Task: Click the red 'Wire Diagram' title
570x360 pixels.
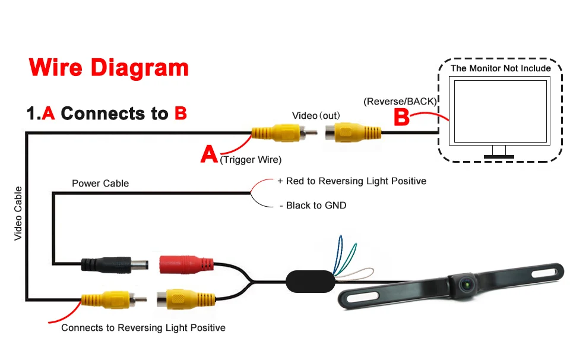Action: click(x=108, y=67)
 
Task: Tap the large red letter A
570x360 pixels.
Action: click(x=209, y=154)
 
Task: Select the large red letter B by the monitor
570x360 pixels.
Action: click(x=402, y=116)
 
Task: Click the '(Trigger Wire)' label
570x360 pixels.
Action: click(x=250, y=159)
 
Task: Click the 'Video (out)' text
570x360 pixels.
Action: click(x=315, y=115)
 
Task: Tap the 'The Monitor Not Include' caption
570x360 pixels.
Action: click(x=500, y=68)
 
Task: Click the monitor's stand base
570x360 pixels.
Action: click(x=499, y=156)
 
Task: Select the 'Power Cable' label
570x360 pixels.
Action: click(x=100, y=183)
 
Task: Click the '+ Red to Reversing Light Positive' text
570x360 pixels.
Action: click(x=351, y=181)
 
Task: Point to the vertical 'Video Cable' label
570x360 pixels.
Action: click(x=18, y=213)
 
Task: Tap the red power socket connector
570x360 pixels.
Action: click(x=186, y=264)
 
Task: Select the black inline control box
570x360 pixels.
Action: click(x=309, y=281)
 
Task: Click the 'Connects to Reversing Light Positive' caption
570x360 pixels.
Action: click(x=143, y=328)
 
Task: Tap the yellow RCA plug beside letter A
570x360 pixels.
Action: click(x=275, y=132)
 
